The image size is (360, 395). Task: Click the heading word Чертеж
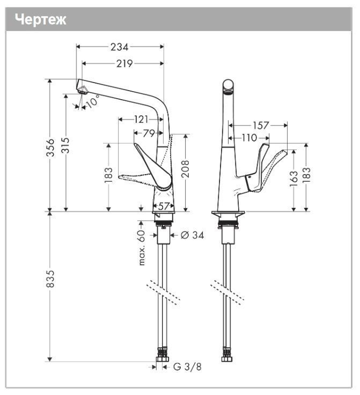41,20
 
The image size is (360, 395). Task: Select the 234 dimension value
119,47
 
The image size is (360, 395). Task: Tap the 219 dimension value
124,64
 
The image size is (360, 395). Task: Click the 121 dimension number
141,119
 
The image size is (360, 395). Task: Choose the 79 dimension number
148,133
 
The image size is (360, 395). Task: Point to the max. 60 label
142,248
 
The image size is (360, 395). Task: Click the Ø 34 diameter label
192,235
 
